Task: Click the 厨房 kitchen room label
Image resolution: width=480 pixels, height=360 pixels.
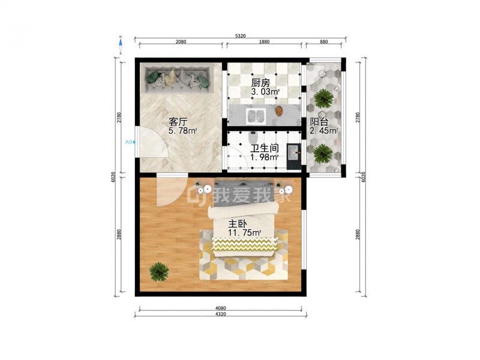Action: point(260,83)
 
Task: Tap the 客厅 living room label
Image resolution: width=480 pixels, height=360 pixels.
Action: point(178,122)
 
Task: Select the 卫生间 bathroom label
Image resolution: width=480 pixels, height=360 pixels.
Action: point(265,148)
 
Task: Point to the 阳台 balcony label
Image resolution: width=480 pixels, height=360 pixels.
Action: point(319,122)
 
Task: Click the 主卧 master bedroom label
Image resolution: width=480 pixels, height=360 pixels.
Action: point(237,224)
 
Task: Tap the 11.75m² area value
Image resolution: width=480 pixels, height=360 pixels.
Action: point(244,233)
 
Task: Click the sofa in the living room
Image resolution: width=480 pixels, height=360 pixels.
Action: point(178,79)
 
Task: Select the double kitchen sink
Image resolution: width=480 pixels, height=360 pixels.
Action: point(256,116)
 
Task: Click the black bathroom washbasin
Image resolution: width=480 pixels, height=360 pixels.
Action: point(294,156)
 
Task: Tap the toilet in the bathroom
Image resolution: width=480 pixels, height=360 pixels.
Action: point(253,133)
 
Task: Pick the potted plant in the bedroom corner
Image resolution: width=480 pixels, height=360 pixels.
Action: point(159,272)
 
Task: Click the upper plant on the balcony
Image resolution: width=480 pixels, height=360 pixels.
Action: point(323,98)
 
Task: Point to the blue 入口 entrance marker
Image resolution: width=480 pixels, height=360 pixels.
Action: point(130,142)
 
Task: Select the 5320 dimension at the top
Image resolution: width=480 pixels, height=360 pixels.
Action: point(241,36)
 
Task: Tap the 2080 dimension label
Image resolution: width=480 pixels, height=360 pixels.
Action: point(181,41)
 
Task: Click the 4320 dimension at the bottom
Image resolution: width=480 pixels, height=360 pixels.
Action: point(220,314)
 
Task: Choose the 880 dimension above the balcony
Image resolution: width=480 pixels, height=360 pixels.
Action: point(323,41)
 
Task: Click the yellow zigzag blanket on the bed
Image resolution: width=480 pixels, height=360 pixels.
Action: point(245,244)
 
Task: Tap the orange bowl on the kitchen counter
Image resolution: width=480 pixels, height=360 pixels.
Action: point(279,111)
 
